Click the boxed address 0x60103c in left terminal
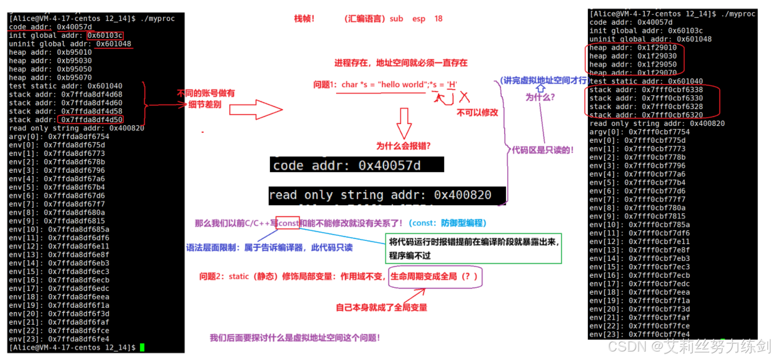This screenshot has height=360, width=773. tap(105, 35)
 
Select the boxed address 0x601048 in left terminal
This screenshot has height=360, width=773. tap(114, 44)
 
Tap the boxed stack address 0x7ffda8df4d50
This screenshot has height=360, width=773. tap(91, 120)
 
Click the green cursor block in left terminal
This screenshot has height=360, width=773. tap(142, 347)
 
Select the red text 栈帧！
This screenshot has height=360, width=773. tap(304, 19)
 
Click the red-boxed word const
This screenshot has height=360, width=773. tap(288, 223)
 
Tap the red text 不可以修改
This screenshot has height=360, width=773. tap(477, 113)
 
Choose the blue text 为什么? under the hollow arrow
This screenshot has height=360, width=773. tap(540, 98)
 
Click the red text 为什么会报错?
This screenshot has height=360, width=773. tap(403, 146)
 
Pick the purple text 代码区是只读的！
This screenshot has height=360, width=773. tap(543, 149)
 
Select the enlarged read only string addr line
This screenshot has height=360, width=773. tap(380, 195)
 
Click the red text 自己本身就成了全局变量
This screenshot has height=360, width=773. tap(382, 307)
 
